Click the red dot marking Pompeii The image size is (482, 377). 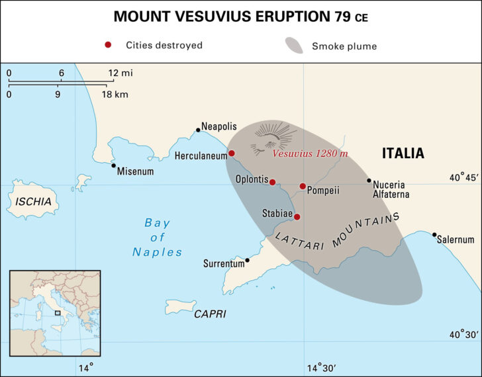tap(303, 187)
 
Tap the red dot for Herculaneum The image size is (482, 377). tap(232, 153)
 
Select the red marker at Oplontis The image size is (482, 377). tap(272, 182)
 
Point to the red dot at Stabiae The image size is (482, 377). tap(297, 217)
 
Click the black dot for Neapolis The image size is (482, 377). tap(197, 130)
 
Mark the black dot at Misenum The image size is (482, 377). tap(113, 166)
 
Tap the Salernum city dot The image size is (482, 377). tap(434, 235)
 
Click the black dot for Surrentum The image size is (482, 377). tap(247, 260)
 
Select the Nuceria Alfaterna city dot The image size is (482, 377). tap(369, 180)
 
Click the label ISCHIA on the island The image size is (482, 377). tap(32, 202)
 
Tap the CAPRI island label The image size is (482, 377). tap(210, 314)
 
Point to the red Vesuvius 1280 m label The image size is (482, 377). tap(311, 153)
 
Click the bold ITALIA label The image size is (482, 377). tap(403, 153)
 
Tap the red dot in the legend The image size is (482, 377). tap(108, 46)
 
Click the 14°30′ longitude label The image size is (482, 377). tap(324, 367)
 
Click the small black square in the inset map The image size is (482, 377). tap(58, 313)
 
